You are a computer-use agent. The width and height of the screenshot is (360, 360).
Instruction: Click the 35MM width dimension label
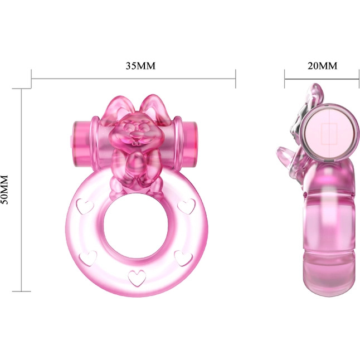(140, 66)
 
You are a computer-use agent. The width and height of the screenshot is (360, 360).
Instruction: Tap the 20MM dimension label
(322, 66)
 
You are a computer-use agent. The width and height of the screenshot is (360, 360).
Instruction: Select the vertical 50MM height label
(4, 189)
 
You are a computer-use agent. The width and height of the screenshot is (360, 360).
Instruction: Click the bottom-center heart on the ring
(137, 278)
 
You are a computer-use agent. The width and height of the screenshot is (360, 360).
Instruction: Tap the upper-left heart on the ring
(85, 206)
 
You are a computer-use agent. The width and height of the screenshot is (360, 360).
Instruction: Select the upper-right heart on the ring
(187, 206)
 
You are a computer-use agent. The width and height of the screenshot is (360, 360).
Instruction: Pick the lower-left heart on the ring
(88, 258)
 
